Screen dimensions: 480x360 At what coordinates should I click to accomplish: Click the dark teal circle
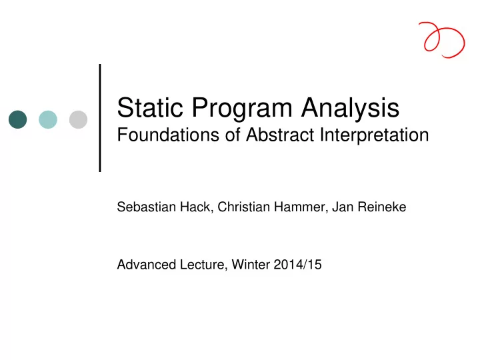pyautogui.click(x=18, y=119)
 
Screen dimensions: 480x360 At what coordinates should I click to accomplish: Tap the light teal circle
pyautogui.click(x=48, y=119)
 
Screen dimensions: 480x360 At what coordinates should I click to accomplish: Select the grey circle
pyautogui.click(x=79, y=119)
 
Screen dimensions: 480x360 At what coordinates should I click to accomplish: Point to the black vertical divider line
pyautogui.click(x=100, y=118)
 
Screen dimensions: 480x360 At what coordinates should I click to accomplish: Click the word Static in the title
pyautogui.click(x=150, y=107)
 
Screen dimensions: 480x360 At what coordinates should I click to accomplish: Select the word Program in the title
pyautogui.click(x=242, y=109)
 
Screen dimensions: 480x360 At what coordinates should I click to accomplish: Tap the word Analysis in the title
pyautogui.click(x=350, y=109)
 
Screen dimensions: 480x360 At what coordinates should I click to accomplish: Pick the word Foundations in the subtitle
pyautogui.click(x=169, y=135)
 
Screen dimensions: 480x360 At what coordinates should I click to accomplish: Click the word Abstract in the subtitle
pyautogui.click(x=280, y=135)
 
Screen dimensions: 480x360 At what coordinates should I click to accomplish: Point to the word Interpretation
pyautogui.click(x=375, y=135)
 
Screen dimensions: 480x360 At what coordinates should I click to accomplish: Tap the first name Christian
pyautogui.click(x=244, y=207)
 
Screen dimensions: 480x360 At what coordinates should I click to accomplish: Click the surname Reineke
pyautogui.click(x=382, y=207)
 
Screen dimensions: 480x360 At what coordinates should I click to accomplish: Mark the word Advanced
pyautogui.click(x=146, y=265)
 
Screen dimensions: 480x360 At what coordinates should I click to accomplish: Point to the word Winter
pyautogui.click(x=251, y=265)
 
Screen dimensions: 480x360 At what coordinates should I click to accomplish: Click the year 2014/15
pyautogui.click(x=298, y=265)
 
